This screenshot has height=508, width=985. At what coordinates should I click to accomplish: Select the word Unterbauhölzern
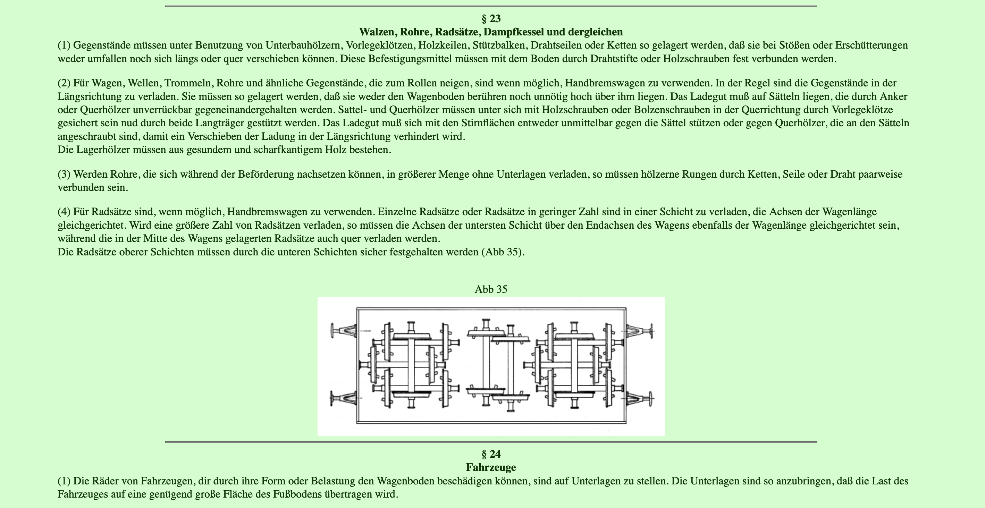pos(304,45)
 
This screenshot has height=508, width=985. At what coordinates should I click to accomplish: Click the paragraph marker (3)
pos(64,174)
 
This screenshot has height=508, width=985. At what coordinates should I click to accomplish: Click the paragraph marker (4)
pos(64,212)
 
